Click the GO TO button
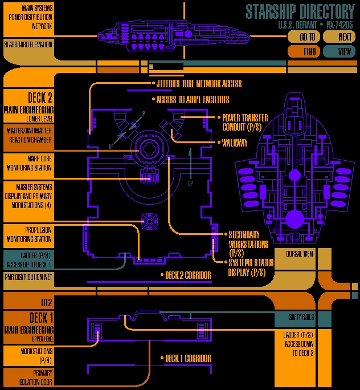[304, 37]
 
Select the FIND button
[304, 51]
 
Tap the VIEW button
[339, 51]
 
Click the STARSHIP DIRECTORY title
[300, 11]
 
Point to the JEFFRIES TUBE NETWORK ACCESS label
[199, 84]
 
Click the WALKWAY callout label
[235, 143]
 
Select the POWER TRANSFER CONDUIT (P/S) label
[245, 123]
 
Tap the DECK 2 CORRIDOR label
[188, 275]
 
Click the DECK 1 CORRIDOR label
[188, 359]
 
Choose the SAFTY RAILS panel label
[301, 317]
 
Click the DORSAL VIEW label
[300, 254]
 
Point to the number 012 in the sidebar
[47, 302]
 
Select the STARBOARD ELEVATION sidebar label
[28, 45]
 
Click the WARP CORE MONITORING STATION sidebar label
[29, 163]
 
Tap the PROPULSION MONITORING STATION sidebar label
[29, 234]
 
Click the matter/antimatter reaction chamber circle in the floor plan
[149, 148]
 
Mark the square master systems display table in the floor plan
[149, 221]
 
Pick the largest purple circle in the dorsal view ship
[294, 219]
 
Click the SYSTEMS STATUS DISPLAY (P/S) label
[251, 267]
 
